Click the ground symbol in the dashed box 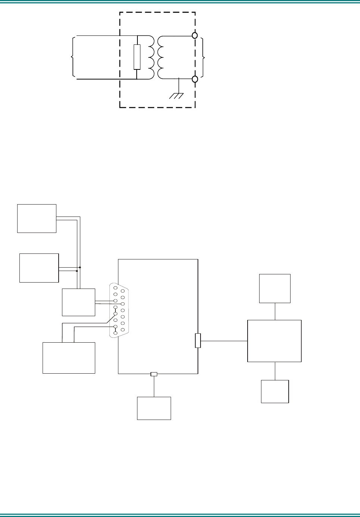point(177,95)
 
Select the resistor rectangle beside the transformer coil point(137,57)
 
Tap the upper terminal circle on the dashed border point(195,35)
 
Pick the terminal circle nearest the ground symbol point(195,79)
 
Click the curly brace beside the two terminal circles point(203,57)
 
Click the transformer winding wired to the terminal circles point(161,57)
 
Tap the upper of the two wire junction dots point(80,267)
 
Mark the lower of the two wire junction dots point(77,271)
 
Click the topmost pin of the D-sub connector point(115,288)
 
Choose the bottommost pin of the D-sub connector point(115,333)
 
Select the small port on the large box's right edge point(198,340)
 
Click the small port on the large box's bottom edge point(154,374)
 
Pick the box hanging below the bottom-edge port point(154,408)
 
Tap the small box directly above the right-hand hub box point(275,288)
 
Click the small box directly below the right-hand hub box point(275,391)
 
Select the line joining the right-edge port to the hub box point(224,341)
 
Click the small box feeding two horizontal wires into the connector point(78,302)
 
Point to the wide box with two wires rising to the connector point(69,358)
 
